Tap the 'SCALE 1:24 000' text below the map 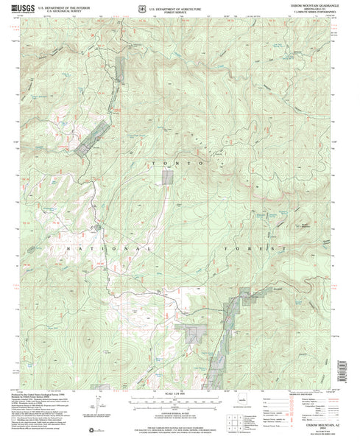(180, 399)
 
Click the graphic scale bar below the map (180, 405)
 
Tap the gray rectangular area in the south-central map (195, 334)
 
